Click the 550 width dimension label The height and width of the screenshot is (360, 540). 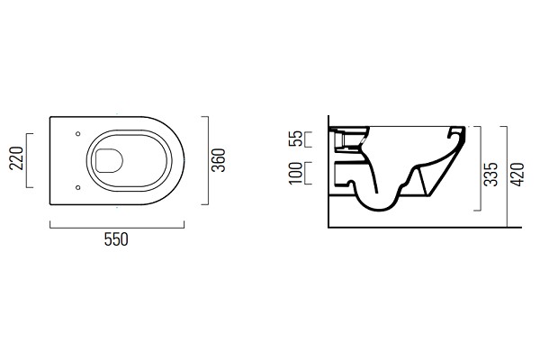coord(116,239)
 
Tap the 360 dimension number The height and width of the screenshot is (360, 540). coord(219,160)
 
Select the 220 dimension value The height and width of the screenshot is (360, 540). coord(16,158)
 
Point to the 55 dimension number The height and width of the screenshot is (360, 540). coord(295,139)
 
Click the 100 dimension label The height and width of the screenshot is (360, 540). coord(295,174)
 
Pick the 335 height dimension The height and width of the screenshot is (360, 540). coord(490,175)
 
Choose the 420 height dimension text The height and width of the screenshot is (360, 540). coord(517,175)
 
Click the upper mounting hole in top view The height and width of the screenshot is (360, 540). coord(77,134)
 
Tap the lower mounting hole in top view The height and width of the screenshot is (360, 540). coord(77,187)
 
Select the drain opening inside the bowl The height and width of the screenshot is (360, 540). coord(109,160)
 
